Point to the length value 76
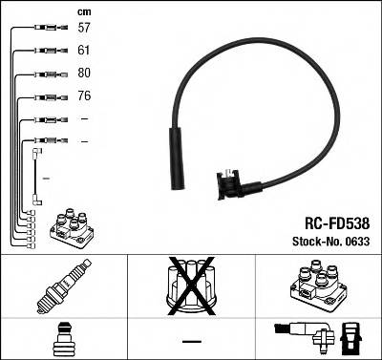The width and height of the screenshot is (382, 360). [x=83, y=96]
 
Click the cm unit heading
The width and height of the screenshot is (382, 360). [x=83, y=11]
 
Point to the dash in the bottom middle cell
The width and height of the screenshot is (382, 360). [x=192, y=341]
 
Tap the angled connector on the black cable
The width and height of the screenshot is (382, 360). [x=230, y=181]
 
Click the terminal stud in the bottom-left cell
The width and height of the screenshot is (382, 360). [x=60, y=339]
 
